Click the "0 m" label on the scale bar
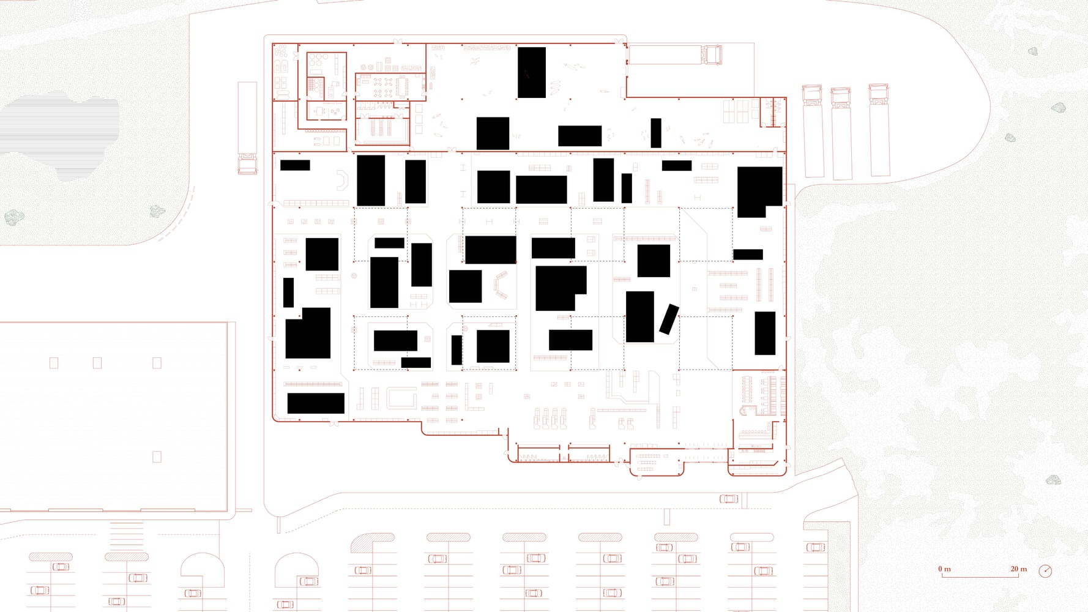tap(944, 569)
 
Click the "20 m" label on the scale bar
tap(1019, 569)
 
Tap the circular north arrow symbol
tap(1045, 571)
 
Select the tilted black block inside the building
tap(669, 319)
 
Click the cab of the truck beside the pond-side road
tap(247, 163)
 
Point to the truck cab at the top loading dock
tap(711, 54)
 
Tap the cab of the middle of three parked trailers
tap(841, 97)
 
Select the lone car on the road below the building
tap(728, 499)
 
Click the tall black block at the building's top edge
tap(532, 72)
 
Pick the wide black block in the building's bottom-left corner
tap(316, 403)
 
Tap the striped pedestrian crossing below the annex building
tap(127, 535)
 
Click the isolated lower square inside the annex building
tap(157, 457)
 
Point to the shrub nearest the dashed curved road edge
tap(158, 211)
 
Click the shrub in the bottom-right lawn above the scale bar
tap(1053, 480)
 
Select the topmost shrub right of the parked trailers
tap(1033, 51)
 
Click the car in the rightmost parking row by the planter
tap(815, 547)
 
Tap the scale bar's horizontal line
tap(980, 577)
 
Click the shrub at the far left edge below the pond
tap(13, 217)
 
